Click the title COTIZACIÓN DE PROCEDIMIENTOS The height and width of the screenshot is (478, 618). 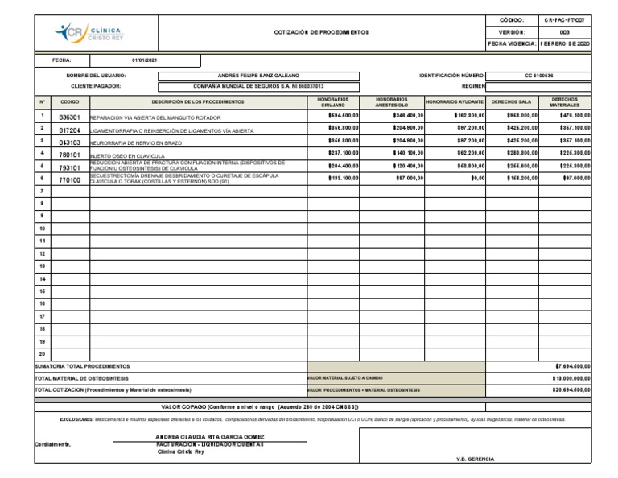(x=322, y=31)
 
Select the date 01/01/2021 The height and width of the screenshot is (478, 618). (x=145, y=60)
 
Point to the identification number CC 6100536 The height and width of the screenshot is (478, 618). (x=540, y=76)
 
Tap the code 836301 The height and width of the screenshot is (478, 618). (x=70, y=117)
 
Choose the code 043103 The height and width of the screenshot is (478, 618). (x=70, y=142)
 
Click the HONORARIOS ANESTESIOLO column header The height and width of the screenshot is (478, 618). (x=392, y=102)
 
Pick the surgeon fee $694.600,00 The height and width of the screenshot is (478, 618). (x=344, y=116)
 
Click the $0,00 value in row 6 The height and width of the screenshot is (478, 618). (x=477, y=178)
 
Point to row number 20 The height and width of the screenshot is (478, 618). (x=42, y=353)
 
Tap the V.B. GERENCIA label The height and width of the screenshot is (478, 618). (x=476, y=459)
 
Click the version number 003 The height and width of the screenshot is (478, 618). (x=564, y=31)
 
